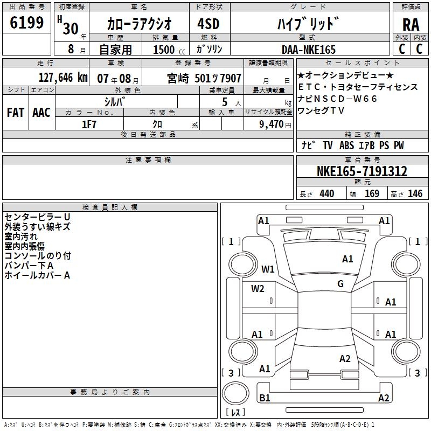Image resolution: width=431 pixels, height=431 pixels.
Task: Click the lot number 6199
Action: click(26, 22)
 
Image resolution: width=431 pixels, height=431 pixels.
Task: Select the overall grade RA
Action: click(411, 25)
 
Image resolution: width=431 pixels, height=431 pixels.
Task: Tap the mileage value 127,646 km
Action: click(63, 78)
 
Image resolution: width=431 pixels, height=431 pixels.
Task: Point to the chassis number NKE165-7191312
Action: click(362, 171)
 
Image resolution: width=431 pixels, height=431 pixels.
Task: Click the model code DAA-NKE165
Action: click(309, 50)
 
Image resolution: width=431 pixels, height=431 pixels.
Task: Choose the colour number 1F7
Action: click(89, 124)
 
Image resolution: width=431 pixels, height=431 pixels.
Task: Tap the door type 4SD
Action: click(208, 24)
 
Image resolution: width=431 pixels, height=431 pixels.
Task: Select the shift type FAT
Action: click(16, 113)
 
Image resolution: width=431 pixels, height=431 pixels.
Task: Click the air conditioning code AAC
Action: click(41, 113)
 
